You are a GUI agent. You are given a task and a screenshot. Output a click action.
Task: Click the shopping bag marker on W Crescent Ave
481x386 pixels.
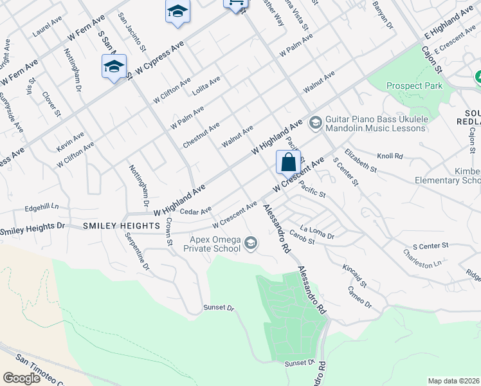tap(288, 162)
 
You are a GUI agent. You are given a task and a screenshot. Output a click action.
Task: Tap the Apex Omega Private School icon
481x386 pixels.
tap(251, 243)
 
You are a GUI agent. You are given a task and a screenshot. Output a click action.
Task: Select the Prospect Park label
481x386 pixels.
tap(414, 86)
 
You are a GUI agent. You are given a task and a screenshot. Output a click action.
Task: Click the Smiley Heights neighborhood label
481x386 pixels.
tap(121, 226)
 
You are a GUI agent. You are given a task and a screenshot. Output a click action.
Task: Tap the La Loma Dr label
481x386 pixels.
tap(317, 233)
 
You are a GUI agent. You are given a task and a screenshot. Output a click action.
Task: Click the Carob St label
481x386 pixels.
tap(301, 237)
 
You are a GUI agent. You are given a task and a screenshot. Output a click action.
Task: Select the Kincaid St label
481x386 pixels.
tap(354, 275)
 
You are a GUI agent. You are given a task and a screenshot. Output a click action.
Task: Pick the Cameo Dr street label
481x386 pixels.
tap(359, 297)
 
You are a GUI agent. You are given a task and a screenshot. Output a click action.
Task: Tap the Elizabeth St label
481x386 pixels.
tap(360, 160)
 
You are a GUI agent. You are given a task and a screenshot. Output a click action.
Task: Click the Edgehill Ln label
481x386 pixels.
tap(41, 207)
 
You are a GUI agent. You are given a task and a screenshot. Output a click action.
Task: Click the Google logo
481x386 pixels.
tap(22, 378)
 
